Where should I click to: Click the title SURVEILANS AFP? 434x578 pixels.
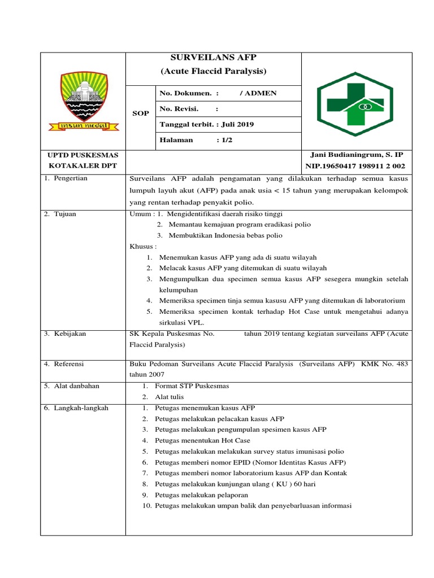click(x=213, y=58)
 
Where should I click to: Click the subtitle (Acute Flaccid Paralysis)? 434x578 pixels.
click(x=213, y=71)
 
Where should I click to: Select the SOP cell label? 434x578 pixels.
click(x=140, y=113)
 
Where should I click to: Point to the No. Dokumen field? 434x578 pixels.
click(x=186, y=93)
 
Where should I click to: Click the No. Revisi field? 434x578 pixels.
click(x=180, y=109)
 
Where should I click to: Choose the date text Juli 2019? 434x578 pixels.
click(x=223, y=124)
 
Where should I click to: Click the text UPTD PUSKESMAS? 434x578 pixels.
click(x=83, y=155)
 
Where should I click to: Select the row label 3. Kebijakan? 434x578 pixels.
click(x=65, y=334)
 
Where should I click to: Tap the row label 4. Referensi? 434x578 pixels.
click(x=65, y=364)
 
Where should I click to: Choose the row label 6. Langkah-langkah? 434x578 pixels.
click(x=76, y=408)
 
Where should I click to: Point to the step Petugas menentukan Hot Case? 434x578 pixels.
click(x=202, y=440)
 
